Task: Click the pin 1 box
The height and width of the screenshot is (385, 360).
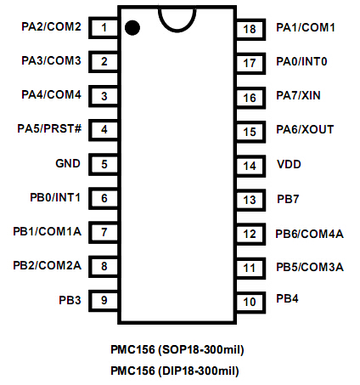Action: (x=104, y=28)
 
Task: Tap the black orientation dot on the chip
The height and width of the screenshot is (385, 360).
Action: (x=132, y=28)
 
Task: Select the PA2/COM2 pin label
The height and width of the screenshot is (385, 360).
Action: (x=51, y=26)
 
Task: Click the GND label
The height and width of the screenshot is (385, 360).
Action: (x=68, y=163)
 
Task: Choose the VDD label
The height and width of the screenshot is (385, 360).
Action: (x=289, y=164)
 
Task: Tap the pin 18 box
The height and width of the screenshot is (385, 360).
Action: (x=250, y=30)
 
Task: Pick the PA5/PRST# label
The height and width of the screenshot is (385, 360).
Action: (x=49, y=128)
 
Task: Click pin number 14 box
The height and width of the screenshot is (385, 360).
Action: (x=250, y=166)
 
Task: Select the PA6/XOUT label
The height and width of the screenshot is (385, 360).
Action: (x=305, y=129)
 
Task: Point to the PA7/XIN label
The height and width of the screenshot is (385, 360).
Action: (x=298, y=95)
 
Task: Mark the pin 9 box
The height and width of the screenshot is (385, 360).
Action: (x=104, y=300)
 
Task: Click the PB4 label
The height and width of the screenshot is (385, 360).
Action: (x=287, y=298)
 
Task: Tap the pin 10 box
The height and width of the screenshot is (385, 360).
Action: (x=250, y=302)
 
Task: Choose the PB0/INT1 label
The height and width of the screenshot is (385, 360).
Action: (x=55, y=197)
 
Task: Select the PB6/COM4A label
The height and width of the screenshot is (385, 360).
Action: (x=310, y=234)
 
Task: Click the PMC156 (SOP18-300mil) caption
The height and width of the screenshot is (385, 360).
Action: (x=177, y=349)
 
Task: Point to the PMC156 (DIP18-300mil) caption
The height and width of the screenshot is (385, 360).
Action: (x=175, y=371)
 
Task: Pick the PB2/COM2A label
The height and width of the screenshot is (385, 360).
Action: (x=48, y=265)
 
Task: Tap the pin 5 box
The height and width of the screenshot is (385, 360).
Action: (x=104, y=164)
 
